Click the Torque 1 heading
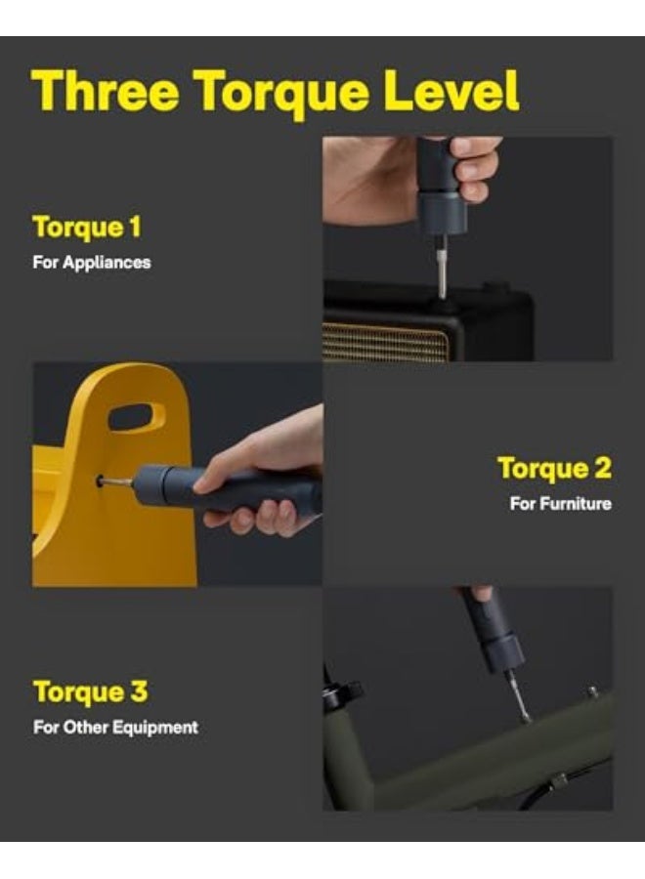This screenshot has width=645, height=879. pos(87,228)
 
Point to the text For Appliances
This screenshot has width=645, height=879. pos(92,263)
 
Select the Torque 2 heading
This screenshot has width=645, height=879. pos(554,469)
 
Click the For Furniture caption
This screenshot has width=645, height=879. pos(560,504)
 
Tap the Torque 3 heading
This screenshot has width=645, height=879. pos(90,692)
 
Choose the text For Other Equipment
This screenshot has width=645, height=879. pos(115,728)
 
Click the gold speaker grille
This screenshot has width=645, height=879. pos(386,342)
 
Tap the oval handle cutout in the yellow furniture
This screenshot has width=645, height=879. pos(137,417)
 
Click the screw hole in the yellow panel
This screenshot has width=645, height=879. pos(101,481)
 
